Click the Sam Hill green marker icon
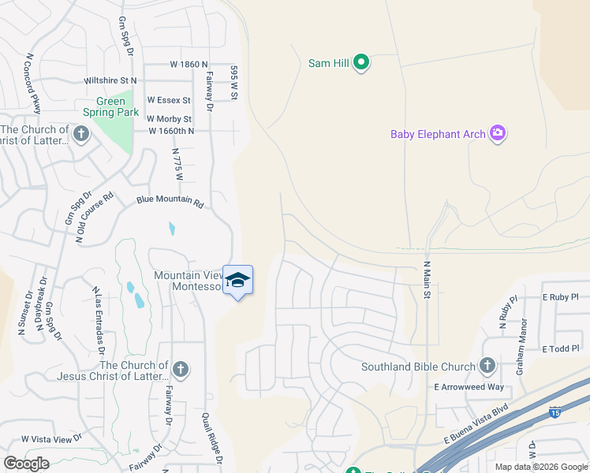[x=361, y=62]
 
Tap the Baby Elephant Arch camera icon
[x=497, y=133]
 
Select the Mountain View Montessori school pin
[x=237, y=281]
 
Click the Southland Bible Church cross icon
[x=487, y=366]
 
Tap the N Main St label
[x=427, y=280]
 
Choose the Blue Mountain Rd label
[x=170, y=202]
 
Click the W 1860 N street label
[x=189, y=64]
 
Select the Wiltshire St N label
[x=111, y=80]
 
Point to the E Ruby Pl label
[x=561, y=297]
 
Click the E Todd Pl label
[x=561, y=348]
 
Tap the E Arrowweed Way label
[x=469, y=387]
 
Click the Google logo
[x=27, y=464]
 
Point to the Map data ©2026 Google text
[x=541, y=467]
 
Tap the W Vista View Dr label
[x=51, y=438]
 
